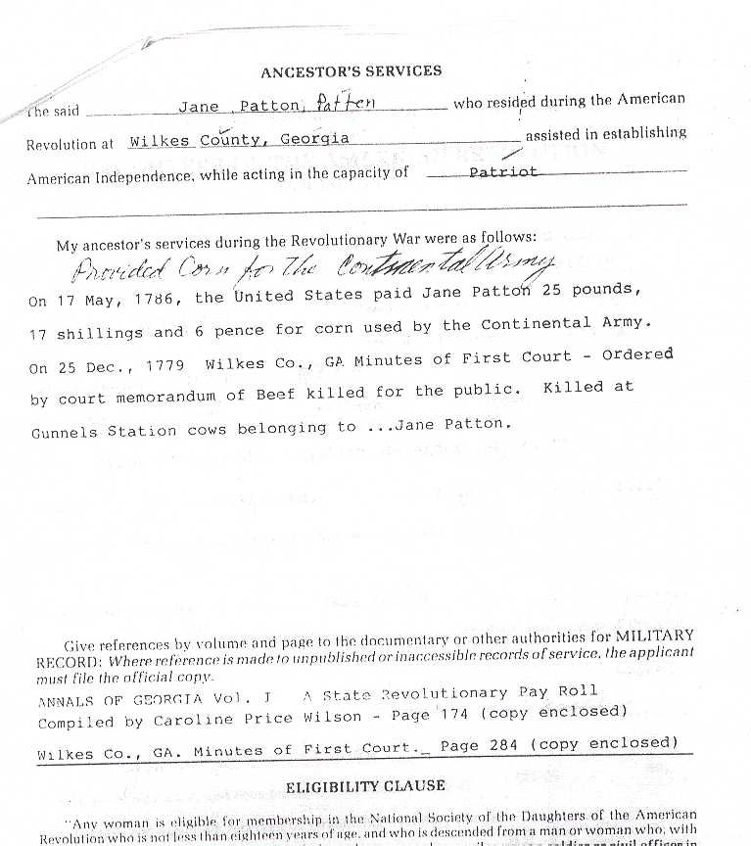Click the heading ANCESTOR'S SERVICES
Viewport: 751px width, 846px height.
[351, 71]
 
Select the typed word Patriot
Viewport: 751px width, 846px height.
[503, 170]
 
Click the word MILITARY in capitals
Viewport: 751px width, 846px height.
[656, 635]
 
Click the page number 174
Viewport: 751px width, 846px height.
[451, 715]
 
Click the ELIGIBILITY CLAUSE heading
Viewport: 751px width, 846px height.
[365, 785]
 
